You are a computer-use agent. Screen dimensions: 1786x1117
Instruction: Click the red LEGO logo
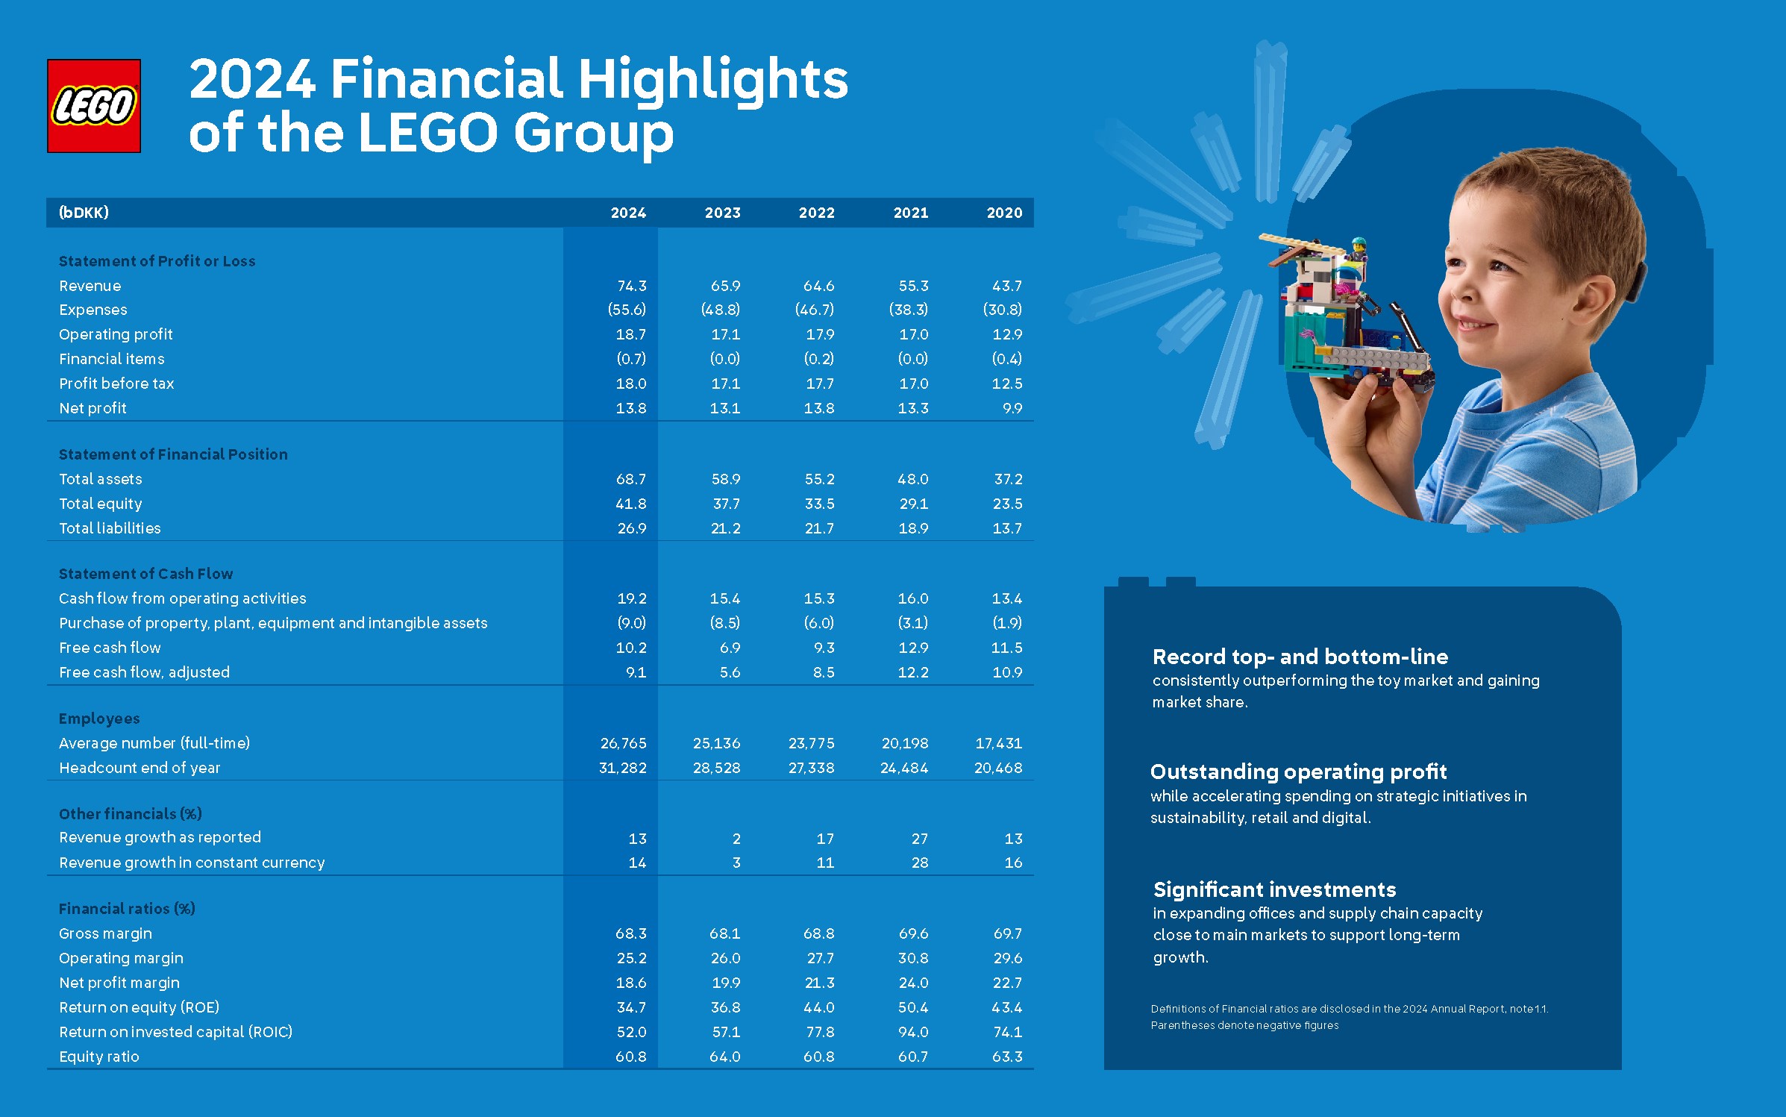94,106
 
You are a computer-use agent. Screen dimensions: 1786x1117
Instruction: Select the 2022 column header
816,213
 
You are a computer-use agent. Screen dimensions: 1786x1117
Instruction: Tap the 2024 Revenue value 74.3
632,286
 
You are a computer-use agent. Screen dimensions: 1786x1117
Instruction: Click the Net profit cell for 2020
1012,408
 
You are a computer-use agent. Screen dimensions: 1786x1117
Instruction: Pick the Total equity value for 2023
726,504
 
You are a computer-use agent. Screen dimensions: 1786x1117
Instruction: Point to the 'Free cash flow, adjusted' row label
144,672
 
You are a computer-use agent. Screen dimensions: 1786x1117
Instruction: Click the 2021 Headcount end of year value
904,768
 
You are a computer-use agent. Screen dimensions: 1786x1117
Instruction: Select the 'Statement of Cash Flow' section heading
145,574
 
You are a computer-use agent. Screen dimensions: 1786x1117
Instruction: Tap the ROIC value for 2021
913,1032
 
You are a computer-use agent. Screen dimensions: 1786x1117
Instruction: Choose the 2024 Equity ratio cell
631,1057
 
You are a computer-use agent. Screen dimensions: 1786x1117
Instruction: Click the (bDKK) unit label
84,213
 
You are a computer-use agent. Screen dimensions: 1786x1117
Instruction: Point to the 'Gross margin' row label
105,933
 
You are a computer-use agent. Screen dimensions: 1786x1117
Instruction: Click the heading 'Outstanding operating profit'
1298,772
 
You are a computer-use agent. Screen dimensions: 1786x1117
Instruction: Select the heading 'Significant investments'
1274,889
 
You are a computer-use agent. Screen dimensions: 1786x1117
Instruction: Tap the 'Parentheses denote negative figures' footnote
1244,1025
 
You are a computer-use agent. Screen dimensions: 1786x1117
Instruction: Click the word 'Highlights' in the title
713,80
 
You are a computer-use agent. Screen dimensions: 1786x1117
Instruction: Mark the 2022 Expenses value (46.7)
815,310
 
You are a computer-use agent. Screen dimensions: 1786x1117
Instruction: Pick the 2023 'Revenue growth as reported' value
736,839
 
